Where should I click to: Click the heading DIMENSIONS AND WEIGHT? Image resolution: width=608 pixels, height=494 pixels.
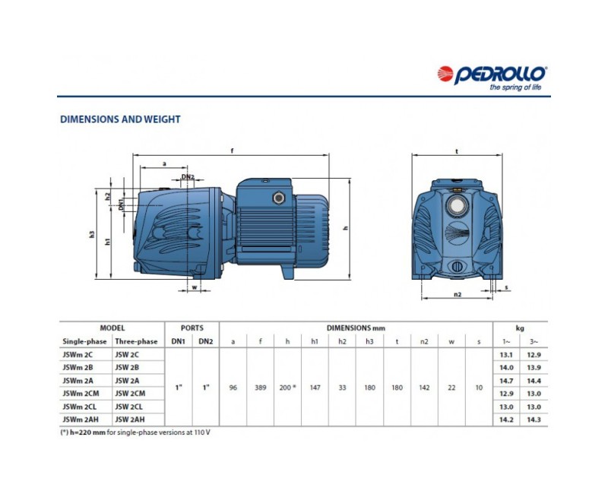tap(120, 119)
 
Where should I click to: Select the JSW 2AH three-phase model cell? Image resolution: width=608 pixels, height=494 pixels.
tap(135, 419)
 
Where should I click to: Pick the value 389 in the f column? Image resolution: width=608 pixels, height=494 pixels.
tap(261, 388)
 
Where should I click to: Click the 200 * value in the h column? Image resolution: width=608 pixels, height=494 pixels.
tap(288, 388)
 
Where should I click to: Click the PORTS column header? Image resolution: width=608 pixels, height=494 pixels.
tap(192, 328)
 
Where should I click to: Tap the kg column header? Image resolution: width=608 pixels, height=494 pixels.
tap(521, 328)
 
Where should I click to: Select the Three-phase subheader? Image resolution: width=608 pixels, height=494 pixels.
tap(135, 341)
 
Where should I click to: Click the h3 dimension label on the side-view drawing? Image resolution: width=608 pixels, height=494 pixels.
tap(92, 235)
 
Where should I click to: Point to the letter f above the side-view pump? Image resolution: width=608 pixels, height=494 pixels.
tap(231, 150)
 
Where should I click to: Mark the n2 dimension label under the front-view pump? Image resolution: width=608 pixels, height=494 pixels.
tap(458, 295)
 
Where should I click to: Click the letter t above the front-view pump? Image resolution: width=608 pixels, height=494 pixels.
tap(457, 150)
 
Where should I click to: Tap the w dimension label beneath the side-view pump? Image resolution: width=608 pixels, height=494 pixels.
tap(195, 287)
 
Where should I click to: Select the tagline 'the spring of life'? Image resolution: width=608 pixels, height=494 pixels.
tap(515, 88)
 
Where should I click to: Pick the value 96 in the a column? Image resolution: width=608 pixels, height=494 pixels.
tap(233, 388)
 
